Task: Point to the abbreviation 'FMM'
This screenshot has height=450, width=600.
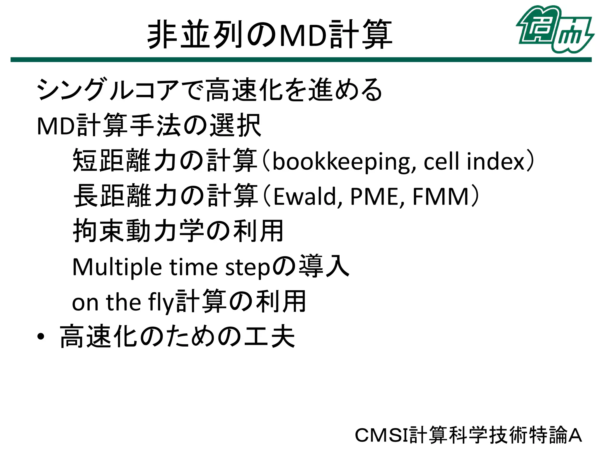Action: [x=441, y=197]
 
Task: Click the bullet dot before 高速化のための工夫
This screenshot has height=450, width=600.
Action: [x=41, y=337]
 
